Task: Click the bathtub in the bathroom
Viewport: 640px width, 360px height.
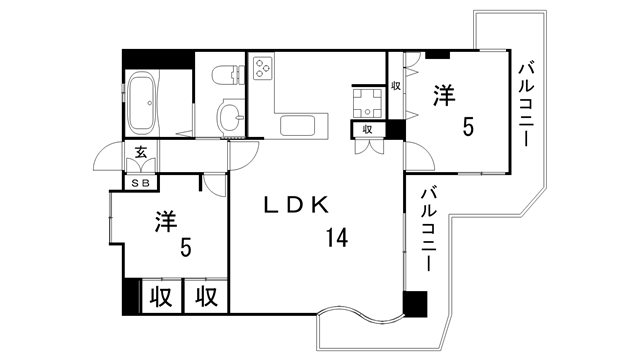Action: tap(144, 104)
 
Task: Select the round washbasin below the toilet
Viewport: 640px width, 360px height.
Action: tap(228, 118)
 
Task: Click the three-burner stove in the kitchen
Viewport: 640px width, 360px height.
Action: tap(265, 68)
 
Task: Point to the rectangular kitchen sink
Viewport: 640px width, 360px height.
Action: tap(299, 126)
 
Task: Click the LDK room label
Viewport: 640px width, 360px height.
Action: tap(296, 205)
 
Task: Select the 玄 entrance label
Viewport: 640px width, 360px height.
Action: tap(142, 153)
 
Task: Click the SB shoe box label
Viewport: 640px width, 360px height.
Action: tap(142, 182)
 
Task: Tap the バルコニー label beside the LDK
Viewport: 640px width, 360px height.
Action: tap(428, 230)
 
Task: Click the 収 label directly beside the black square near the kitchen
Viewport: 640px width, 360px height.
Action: tap(369, 129)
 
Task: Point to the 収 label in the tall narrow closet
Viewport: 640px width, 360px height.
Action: tap(396, 85)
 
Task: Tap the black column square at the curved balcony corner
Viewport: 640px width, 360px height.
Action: tap(415, 304)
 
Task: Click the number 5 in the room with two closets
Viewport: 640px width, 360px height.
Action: tap(185, 246)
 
